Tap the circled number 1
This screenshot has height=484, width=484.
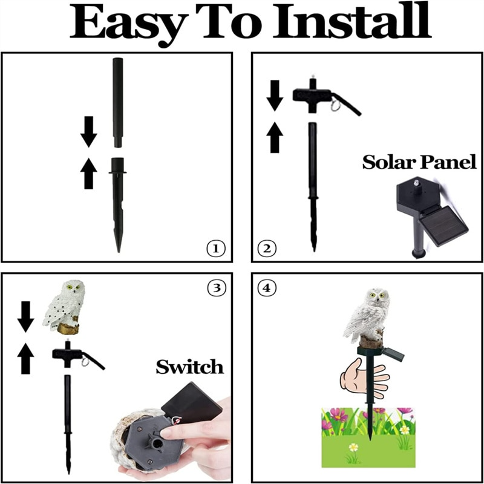[216, 248]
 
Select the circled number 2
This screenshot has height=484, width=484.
[267, 248]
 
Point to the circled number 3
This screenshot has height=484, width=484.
[216, 289]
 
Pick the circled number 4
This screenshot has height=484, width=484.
[266, 289]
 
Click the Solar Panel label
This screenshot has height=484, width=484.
[419, 163]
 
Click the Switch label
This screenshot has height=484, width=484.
[189, 367]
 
